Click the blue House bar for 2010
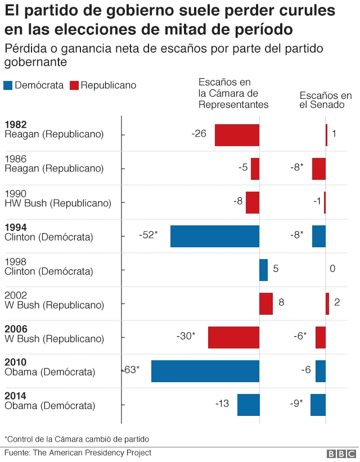point(205,371)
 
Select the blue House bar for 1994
point(215,236)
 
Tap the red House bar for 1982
point(237,135)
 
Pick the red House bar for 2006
point(233,337)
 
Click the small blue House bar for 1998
point(263,270)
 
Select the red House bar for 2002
point(265,304)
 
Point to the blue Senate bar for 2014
point(318,405)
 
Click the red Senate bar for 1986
point(318,169)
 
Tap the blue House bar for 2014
point(248,405)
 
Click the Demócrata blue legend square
point(8,85)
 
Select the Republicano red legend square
point(74,85)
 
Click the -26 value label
point(199,134)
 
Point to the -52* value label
point(148,235)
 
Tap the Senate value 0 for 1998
point(332,269)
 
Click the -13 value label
point(222,404)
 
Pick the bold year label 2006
point(16,329)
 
